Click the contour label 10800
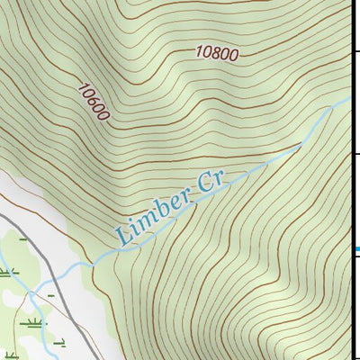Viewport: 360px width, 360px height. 216,53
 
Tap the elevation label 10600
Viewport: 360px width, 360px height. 93,102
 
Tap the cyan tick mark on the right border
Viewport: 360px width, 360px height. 355,249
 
